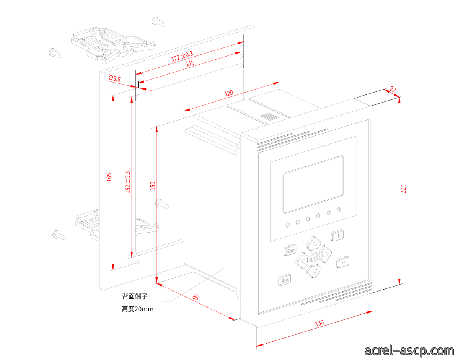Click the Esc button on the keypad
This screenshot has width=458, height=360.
click(x=290, y=250)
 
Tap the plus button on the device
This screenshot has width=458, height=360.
click(x=337, y=235)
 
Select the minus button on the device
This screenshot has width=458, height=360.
click(x=342, y=262)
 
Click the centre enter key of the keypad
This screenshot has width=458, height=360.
click(x=314, y=257)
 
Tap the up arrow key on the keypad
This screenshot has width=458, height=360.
click(x=313, y=243)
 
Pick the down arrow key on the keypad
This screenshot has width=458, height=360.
click(x=313, y=271)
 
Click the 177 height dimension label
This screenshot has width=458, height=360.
click(x=403, y=189)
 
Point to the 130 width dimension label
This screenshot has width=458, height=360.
click(x=319, y=323)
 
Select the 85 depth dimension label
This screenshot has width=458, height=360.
click(x=196, y=297)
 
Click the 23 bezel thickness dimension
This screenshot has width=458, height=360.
click(x=393, y=90)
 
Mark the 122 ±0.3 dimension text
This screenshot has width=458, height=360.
click(x=182, y=56)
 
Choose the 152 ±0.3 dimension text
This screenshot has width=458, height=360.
click(x=128, y=182)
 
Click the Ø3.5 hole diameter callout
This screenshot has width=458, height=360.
click(x=114, y=78)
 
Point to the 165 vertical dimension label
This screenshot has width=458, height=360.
click(x=109, y=177)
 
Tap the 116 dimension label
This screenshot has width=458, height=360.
click(x=190, y=63)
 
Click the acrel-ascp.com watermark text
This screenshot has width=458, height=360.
click(x=409, y=350)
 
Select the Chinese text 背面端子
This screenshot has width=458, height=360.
click(x=135, y=296)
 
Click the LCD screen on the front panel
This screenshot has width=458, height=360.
click(x=313, y=184)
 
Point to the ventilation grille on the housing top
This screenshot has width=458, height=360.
click(x=269, y=116)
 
